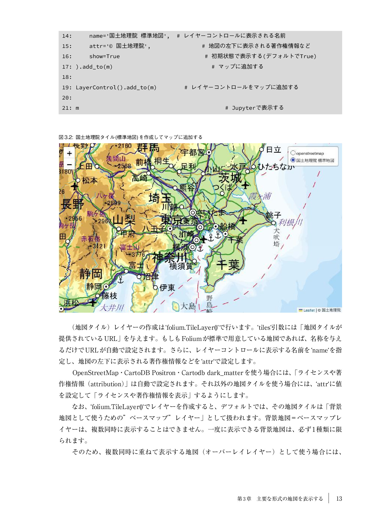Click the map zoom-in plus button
point(69,153)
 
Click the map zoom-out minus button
point(69,164)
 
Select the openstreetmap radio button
point(293,153)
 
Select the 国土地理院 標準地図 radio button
point(293,160)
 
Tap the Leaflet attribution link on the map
point(309,310)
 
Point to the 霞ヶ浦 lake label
point(260,196)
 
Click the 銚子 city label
point(273,215)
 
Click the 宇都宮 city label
point(193,152)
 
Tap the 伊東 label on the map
point(167,288)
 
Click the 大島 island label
point(188,306)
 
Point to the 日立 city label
point(273,150)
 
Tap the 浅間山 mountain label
point(116,158)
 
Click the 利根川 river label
point(290,223)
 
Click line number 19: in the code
point(67,87)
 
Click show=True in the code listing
point(104,56)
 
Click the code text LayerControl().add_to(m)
point(116,87)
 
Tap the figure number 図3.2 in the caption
point(65,137)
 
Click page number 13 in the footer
point(339,499)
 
